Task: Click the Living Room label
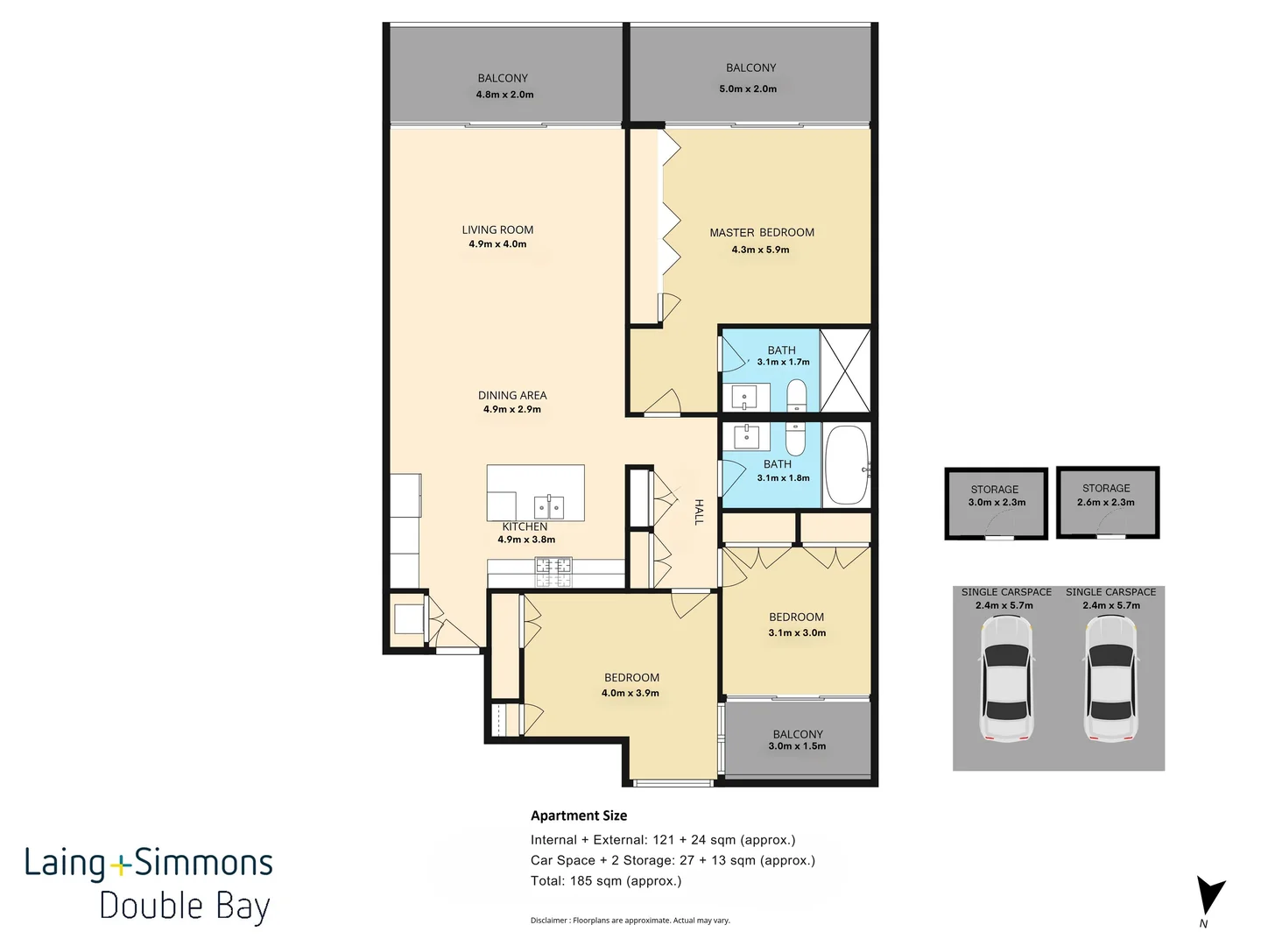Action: coord(497,229)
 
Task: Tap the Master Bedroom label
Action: coord(762,233)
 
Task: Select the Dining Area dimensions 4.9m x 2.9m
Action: coord(512,410)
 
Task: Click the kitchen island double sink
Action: coord(549,507)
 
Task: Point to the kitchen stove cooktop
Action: coord(553,572)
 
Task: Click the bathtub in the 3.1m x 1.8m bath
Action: coord(847,465)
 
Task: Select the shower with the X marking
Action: coord(845,371)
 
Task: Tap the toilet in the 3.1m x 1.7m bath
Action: coord(796,394)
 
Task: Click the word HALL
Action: coord(699,512)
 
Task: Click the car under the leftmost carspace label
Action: coord(1007,678)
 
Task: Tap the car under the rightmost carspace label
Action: coord(1111,678)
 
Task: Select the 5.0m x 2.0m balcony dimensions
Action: coord(748,89)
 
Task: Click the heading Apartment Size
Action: coord(579,815)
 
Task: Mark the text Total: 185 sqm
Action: coord(589,880)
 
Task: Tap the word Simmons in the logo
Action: coord(203,863)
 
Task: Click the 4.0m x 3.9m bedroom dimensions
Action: coord(630,693)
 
